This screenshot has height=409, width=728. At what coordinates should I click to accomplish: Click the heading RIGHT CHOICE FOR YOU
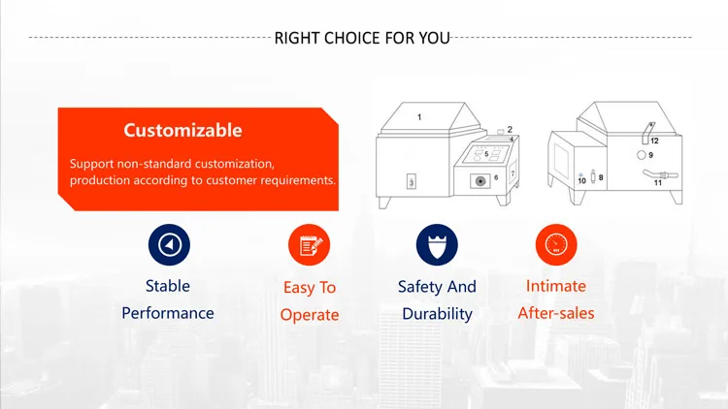click(362, 38)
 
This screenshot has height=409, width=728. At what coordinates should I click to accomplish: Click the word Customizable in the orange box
click(182, 130)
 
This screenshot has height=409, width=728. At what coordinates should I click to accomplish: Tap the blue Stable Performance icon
click(169, 245)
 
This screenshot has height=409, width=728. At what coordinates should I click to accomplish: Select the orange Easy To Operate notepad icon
click(310, 245)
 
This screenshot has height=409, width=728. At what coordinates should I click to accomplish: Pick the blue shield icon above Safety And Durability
click(437, 245)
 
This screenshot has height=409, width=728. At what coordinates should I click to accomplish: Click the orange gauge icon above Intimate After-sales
click(556, 245)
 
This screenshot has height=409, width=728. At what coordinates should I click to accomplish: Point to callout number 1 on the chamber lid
click(419, 117)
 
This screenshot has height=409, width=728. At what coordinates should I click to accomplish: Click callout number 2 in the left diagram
click(510, 129)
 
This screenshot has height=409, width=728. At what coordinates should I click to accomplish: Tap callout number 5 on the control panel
click(486, 154)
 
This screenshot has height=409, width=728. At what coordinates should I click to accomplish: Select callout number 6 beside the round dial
click(496, 177)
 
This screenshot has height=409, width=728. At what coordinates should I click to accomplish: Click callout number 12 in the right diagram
click(654, 141)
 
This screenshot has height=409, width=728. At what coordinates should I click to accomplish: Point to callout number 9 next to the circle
click(651, 155)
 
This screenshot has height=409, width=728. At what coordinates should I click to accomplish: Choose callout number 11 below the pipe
click(658, 183)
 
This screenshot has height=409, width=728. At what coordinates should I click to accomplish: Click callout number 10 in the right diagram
click(581, 181)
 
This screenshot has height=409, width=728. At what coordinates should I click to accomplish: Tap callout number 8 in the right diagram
click(601, 177)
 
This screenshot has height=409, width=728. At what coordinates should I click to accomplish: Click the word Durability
click(437, 314)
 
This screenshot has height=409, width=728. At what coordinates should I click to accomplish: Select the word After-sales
click(556, 313)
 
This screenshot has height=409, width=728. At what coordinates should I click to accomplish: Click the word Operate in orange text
click(310, 315)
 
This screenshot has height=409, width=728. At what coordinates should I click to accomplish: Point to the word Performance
click(168, 313)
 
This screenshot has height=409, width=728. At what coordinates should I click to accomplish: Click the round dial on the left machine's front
click(480, 181)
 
